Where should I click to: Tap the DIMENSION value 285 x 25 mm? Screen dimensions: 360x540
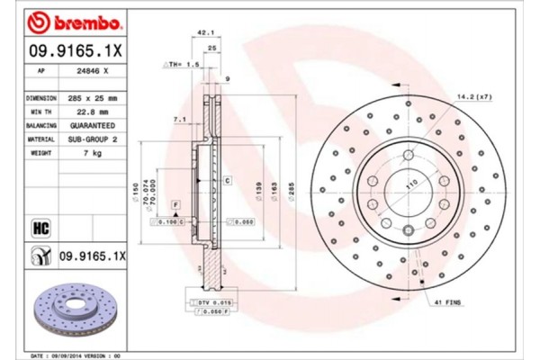click(x=93, y=96)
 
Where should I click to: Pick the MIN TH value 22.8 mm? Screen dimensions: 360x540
click(x=93, y=111)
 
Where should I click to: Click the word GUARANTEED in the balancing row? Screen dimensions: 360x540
click(x=93, y=125)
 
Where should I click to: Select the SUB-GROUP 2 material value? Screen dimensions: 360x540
click(x=93, y=139)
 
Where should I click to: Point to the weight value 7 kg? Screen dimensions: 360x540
click(x=93, y=154)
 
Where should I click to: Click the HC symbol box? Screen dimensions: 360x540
click(x=40, y=227)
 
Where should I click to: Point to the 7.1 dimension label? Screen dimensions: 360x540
click(x=178, y=118)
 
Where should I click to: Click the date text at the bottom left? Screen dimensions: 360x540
click(x=76, y=355)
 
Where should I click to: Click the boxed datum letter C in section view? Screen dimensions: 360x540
click(x=228, y=182)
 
